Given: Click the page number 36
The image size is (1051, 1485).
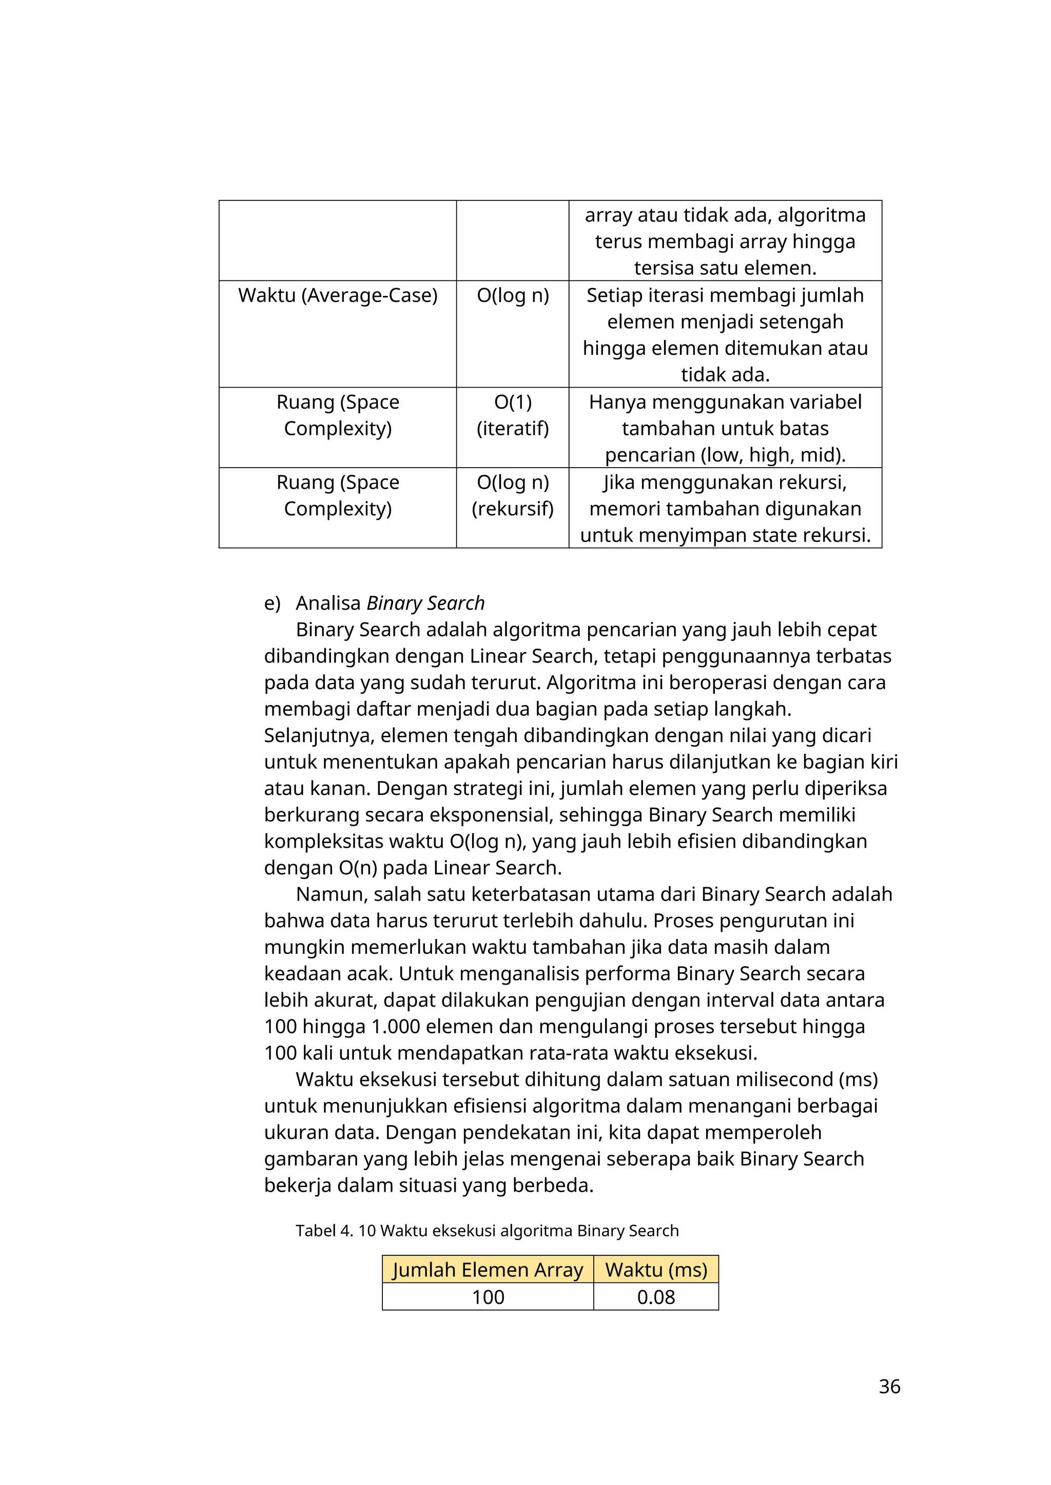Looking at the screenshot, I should point(889,1386).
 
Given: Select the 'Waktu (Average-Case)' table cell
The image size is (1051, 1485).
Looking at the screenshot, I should point(338,295).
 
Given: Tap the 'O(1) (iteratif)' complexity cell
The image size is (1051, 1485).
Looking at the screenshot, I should point(513,415).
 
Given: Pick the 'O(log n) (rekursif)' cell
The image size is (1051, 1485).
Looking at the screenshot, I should point(513,495).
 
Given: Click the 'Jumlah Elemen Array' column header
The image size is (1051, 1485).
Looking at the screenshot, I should point(488,1270).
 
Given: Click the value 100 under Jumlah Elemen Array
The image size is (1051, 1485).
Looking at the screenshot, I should point(488,1297).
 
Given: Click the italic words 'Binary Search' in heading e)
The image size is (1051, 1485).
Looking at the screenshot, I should point(425,603).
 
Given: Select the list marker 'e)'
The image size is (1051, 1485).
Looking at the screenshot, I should point(272,603).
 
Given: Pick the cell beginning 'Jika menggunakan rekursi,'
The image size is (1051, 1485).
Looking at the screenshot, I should point(725,508).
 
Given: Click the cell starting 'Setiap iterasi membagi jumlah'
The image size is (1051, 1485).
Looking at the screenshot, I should point(725,334).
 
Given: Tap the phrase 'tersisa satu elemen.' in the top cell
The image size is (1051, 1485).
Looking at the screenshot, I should point(725,268).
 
